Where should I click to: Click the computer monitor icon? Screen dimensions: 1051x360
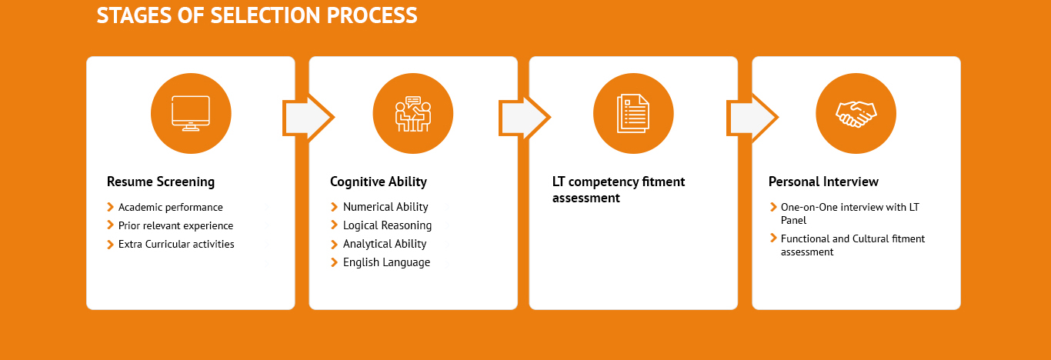coord(191,113)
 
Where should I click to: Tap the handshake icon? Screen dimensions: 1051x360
coord(856,114)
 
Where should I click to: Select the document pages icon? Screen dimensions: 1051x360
coord(633,113)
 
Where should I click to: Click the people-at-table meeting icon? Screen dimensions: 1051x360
coord(413,114)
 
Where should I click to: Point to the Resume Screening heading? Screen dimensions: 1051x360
coord(161,182)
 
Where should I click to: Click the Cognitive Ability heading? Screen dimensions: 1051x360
coord(379,182)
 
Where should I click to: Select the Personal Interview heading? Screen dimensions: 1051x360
coord(823,182)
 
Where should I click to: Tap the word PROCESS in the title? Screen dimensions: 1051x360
coord(372,15)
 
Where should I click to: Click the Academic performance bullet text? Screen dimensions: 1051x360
coord(170,207)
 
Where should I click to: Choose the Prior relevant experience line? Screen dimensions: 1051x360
coord(175,225)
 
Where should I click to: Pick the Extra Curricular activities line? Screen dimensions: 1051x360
coord(176,244)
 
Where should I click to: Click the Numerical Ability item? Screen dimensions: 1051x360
coord(385,207)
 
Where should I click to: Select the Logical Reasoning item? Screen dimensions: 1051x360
coord(387,225)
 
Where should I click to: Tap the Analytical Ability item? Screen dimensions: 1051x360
coord(384,244)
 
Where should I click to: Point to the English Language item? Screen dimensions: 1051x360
coord(386,262)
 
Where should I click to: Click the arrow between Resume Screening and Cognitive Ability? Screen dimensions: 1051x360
coord(309,118)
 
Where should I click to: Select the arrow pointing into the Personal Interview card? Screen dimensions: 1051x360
coord(752,118)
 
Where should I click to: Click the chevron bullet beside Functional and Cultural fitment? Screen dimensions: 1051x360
coord(773,238)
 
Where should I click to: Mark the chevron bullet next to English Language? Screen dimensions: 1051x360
coord(334,262)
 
